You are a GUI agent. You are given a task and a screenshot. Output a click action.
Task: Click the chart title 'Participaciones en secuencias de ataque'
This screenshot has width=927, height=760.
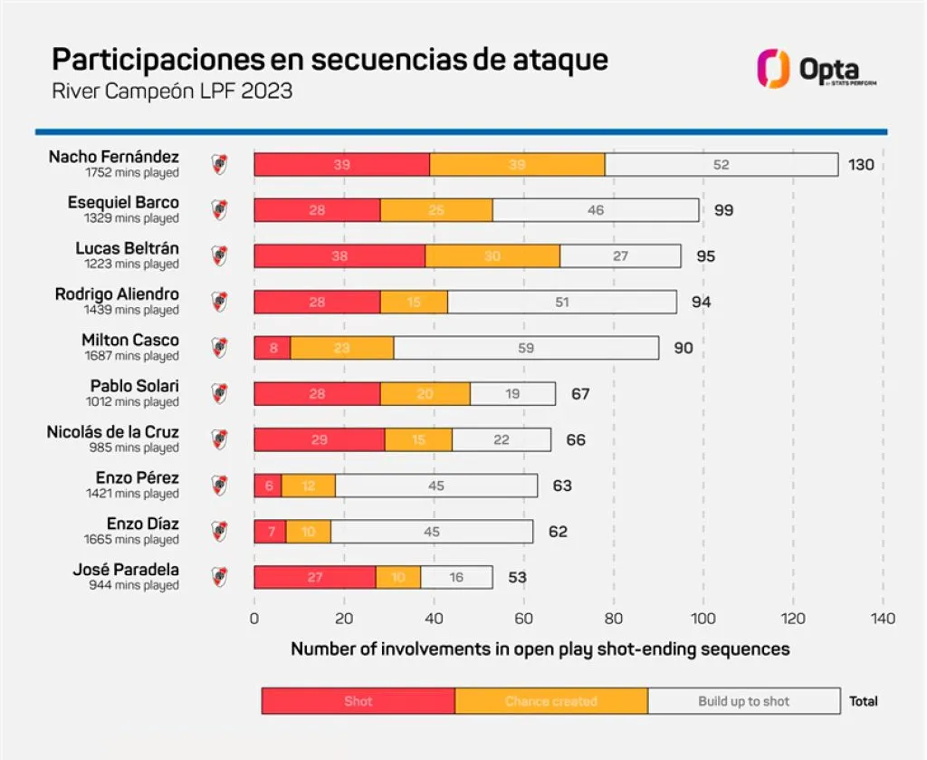pos(330,60)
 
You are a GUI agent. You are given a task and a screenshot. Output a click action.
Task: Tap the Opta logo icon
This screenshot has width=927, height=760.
pos(773,69)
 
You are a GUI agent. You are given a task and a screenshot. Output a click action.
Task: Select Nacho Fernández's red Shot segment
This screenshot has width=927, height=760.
pos(341,165)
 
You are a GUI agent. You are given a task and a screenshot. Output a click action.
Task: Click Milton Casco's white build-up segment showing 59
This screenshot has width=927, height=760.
pos(526,348)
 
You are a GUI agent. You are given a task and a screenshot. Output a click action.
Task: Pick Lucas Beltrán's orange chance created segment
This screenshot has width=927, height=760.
pos(492,256)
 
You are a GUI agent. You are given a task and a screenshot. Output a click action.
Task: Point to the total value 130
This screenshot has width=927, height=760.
pos(861,165)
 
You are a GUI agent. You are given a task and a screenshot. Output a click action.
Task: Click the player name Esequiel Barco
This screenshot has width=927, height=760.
pos(123,202)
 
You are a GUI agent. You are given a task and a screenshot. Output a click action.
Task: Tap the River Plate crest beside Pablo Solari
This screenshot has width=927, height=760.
pos(219,393)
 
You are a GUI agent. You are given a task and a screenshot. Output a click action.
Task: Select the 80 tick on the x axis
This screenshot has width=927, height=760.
pos(614,619)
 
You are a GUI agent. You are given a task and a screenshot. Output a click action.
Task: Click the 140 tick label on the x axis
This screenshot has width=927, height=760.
pos(883,619)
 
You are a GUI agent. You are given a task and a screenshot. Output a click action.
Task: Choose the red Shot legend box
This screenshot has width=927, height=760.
pos(358,701)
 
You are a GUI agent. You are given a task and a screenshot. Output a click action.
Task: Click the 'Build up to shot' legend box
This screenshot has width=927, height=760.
pos(743,701)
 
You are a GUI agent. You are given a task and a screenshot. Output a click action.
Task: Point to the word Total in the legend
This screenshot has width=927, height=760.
pos(863,701)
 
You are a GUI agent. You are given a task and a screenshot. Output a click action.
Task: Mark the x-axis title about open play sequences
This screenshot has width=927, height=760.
pos(540,649)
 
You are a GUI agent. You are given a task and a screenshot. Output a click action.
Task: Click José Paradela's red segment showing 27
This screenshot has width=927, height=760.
pos(314,577)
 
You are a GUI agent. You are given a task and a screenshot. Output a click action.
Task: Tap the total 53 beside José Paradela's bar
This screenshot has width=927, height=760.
pos(517,577)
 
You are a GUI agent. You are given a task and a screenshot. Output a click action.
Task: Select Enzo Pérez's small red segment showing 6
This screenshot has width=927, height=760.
pos(268,486)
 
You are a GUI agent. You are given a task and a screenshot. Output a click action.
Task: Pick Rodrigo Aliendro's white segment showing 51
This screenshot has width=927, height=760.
pos(561,303)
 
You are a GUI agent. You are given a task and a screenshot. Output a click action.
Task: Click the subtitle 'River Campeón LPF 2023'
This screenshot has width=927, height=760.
pos(172,91)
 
